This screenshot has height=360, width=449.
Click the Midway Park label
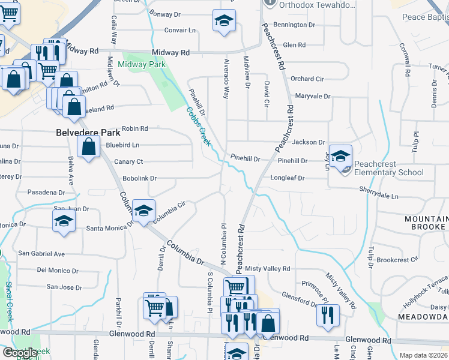[x=142, y=64]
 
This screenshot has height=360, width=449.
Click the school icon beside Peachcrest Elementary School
[x=340, y=157]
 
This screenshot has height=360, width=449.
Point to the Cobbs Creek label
[x=198, y=126]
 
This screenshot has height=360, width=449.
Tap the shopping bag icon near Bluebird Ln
[x=89, y=146]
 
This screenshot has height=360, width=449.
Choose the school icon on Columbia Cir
[x=143, y=211]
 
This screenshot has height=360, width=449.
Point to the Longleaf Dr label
[x=288, y=178]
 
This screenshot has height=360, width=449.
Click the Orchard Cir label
[x=307, y=79]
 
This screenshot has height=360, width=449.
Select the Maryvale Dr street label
[x=313, y=96]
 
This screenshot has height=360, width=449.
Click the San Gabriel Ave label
[x=41, y=254]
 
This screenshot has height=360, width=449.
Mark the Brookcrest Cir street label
[x=397, y=260]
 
